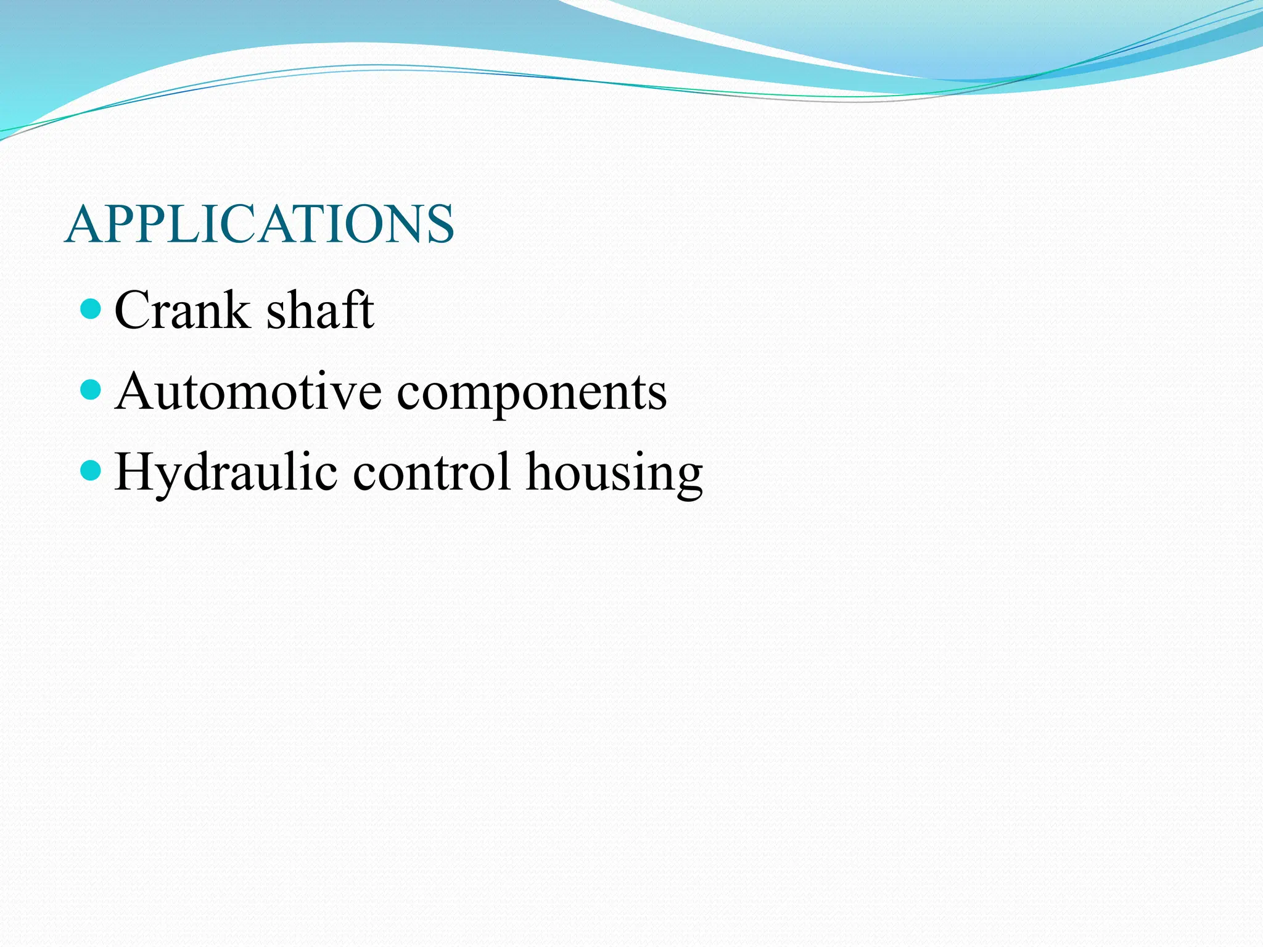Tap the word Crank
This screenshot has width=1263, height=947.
point(183,310)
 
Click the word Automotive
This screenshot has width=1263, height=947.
point(249,391)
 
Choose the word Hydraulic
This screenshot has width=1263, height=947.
point(226,472)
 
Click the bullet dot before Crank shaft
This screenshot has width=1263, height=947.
point(91,308)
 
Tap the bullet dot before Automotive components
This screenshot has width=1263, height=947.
point(91,390)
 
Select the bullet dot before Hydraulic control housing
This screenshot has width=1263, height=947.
point(91,471)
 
